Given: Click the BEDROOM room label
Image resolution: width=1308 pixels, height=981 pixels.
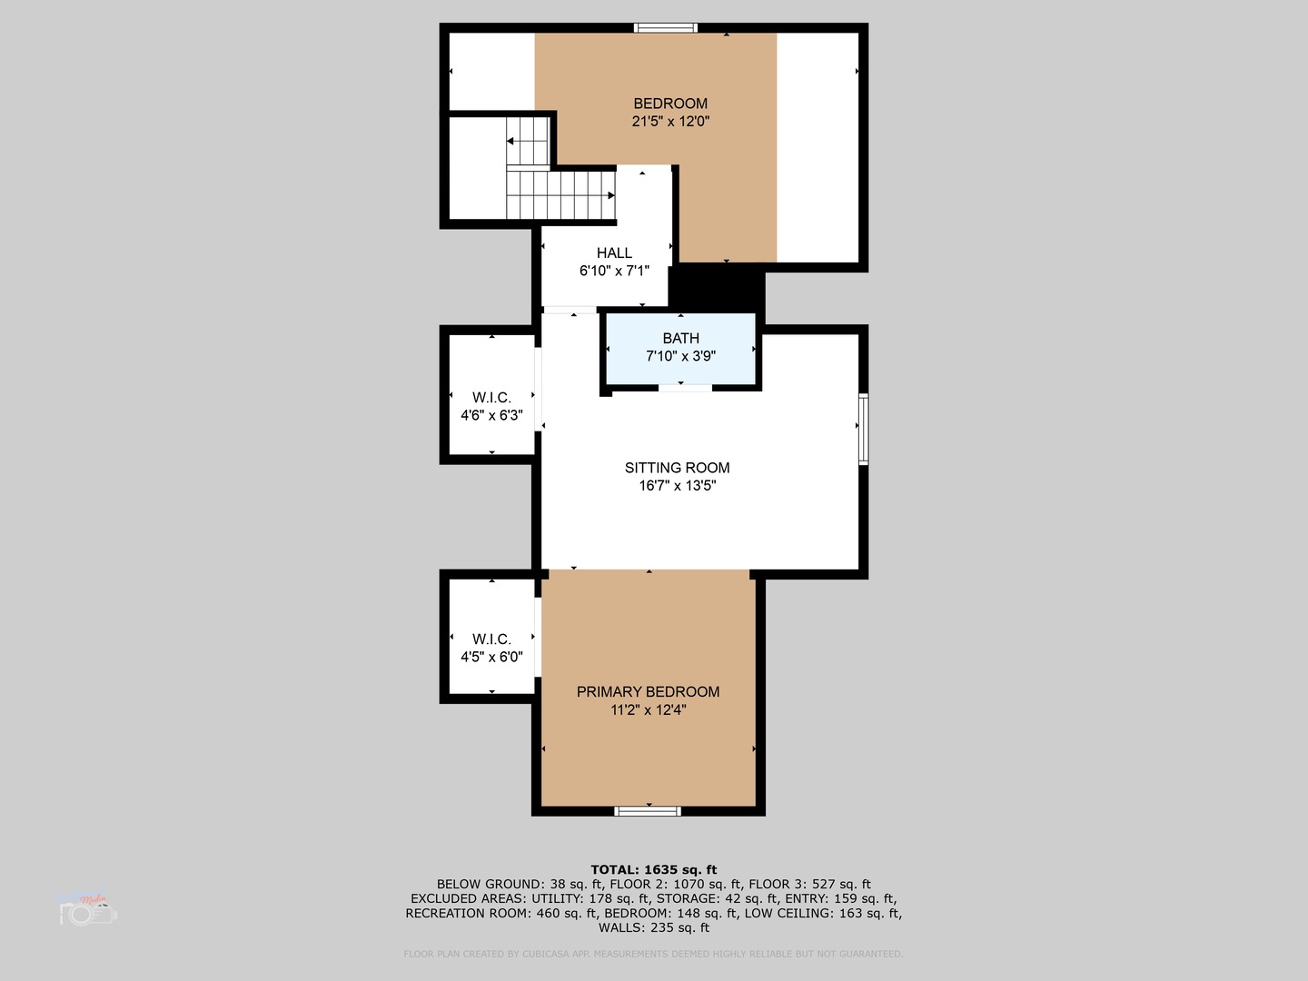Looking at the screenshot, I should click(670, 104).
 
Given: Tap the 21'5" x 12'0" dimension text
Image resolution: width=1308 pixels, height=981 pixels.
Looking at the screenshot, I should click(670, 121).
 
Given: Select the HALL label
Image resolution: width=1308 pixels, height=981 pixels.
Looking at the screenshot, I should click(614, 253).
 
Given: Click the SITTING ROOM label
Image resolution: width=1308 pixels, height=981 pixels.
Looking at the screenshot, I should click(677, 468).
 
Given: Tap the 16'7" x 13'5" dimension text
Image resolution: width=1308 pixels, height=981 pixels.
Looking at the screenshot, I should click(677, 486).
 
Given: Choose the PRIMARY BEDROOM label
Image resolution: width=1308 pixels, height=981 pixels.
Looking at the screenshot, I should click(648, 692).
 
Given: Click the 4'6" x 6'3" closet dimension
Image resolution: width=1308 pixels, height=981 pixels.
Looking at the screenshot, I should click(491, 416).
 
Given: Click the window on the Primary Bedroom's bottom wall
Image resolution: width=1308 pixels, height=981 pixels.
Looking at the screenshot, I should click(648, 810).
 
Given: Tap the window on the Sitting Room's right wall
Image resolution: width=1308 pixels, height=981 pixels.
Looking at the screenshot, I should click(863, 429).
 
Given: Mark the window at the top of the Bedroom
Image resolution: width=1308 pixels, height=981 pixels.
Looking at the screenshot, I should click(666, 27).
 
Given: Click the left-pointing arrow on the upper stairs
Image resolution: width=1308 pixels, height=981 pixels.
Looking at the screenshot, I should click(511, 141).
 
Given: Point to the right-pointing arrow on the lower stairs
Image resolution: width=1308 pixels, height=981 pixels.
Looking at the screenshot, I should click(610, 195).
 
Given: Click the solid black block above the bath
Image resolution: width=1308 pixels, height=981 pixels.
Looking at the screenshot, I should click(717, 287).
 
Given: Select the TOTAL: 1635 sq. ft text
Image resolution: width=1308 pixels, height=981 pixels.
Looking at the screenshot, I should click(654, 870).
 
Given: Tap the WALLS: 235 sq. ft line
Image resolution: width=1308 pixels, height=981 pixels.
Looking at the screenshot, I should click(654, 927).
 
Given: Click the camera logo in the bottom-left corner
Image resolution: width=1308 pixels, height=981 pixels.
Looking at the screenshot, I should click(88, 911).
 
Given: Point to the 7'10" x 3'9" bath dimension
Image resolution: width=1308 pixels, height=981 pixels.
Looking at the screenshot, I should click(680, 357).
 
